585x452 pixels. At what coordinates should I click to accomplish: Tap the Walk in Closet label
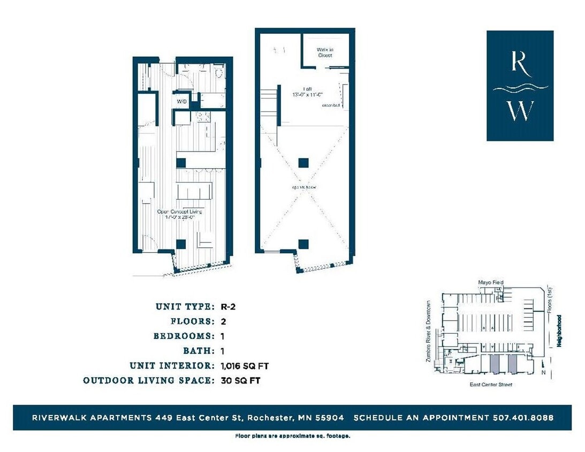coord(324,52)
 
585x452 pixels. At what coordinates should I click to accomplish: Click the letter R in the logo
coord(520,62)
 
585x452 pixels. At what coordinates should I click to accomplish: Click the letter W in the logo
coord(520,110)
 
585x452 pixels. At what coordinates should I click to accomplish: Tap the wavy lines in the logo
coord(520,87)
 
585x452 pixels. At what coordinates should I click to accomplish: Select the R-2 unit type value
coord(229,307)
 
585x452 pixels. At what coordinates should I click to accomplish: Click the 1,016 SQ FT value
coord(244,366)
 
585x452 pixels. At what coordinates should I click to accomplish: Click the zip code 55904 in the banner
coord(332,417)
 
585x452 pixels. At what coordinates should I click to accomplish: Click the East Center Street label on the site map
coord(491,385)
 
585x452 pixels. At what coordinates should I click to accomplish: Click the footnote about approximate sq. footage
coord(293,436)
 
